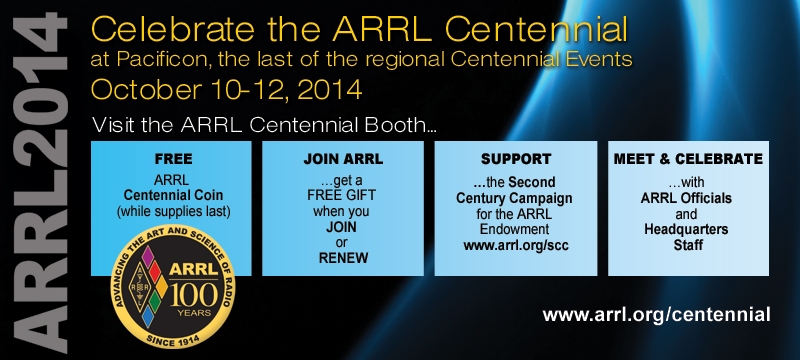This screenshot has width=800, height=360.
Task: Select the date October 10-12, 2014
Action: pos(227,89)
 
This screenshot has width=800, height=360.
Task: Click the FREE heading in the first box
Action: pos(173,159)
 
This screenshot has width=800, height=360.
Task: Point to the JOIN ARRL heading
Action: pos(343,159)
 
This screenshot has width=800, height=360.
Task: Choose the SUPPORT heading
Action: pos(516,159)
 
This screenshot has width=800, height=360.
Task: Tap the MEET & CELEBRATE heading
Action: pos(688,159)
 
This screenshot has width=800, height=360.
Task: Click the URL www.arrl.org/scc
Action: pos(516,245)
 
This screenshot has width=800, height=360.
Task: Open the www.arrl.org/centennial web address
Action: pos(657,314)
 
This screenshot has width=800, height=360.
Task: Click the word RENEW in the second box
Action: pos(343,258)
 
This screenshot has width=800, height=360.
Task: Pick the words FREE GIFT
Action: pos(343,195)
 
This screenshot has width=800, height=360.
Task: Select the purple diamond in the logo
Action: pos(147,257)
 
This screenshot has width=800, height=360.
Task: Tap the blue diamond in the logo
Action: pos(147,317)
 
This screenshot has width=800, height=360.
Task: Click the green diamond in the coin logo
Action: pos(155,302)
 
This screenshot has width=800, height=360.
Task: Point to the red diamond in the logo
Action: pos(155,272)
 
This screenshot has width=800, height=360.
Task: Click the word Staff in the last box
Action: pos(688,245)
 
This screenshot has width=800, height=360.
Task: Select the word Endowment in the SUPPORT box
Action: pos(514,229)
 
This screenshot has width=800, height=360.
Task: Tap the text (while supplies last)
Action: pos(173,212)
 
